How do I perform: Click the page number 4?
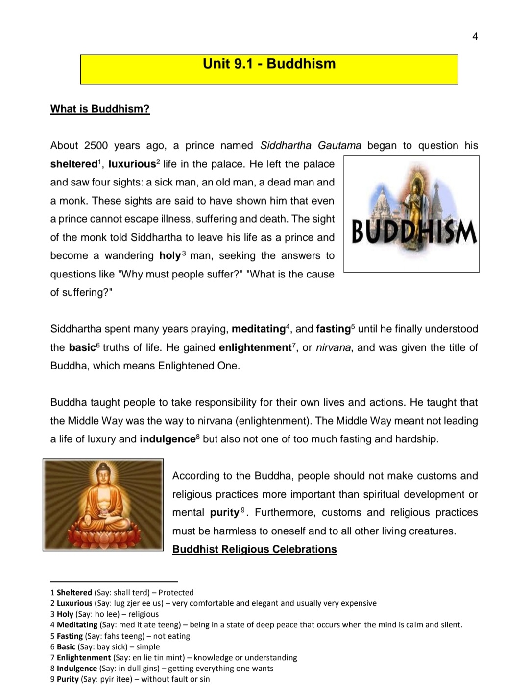click(475, 36)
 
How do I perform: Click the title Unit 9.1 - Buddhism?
click(269, 64)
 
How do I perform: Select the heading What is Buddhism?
click(100, 109)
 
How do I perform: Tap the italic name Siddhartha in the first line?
click(286, 145)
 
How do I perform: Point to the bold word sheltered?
click(73, 164)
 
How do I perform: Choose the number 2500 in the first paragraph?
click(96, 145)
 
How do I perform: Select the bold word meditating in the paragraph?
click(259, 329)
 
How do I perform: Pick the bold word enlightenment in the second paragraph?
click(255, 347)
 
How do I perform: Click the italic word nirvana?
click(333, 347)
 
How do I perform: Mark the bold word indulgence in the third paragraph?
click(168, 439)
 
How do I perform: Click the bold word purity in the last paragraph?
click(225, 512)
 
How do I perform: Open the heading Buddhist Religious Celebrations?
click(255, 549)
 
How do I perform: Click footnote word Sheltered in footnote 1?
click(74, 592)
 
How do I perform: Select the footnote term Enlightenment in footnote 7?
click(84, 657)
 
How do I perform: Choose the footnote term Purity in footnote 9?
click(68, 679)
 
